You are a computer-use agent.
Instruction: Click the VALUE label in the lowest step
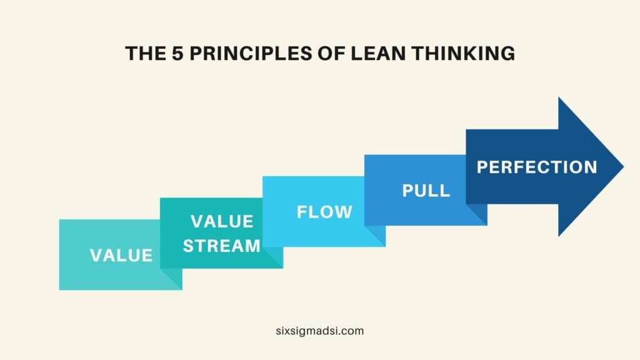121,255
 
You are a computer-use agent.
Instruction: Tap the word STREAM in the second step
221,246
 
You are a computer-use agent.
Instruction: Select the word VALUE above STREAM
222,222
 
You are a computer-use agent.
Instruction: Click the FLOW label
324,212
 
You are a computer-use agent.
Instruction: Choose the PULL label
426,191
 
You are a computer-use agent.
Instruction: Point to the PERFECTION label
537,167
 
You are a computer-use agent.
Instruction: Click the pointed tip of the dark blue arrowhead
622,167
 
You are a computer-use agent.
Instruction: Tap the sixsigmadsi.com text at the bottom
319,331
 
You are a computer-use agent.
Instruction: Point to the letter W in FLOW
344,212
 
